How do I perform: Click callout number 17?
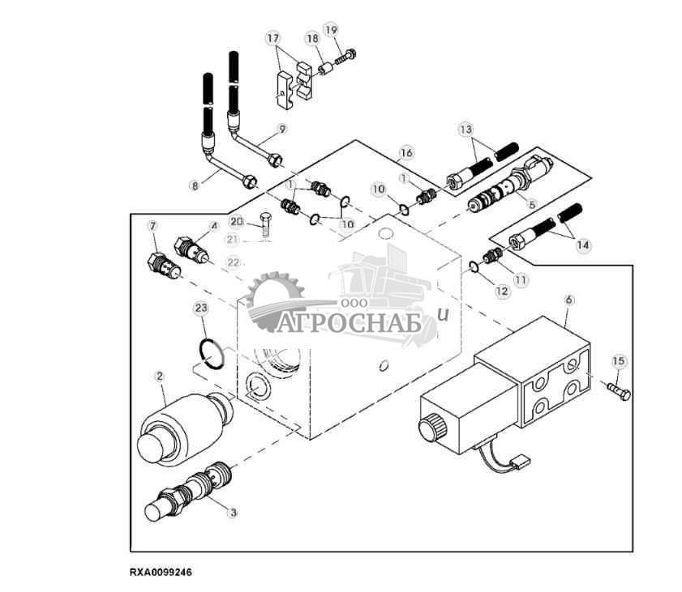coord(272,38)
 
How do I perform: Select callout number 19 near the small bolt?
coord(331,30)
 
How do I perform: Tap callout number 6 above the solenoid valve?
coord(569,299)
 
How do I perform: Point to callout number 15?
coord(619,360)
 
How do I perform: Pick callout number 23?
coord(201,308)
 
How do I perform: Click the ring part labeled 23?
coord(212,354)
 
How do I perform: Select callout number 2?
coord(160,376)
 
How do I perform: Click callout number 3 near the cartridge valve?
coord(234,511)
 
